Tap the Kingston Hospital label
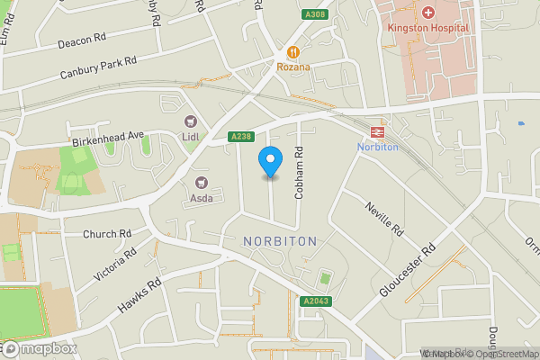click(x=427, y=27)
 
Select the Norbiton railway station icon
click(x=377, y=131)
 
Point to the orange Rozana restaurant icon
click(x=293, y=53)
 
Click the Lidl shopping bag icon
click(x=190, y=121)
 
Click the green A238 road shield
click(x=240, y=137)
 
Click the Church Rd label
click(x=106, y=234)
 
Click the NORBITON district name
click(x=280, y=241)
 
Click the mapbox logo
click(x=39, y=348)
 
